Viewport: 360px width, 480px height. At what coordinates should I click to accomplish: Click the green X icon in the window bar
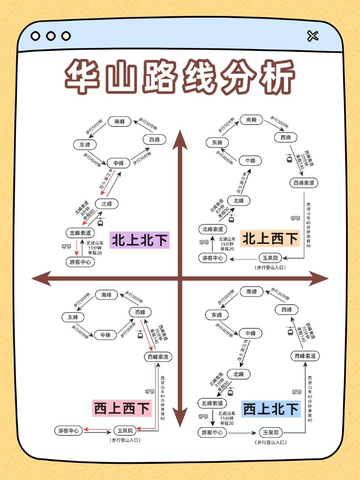tap(313, 36)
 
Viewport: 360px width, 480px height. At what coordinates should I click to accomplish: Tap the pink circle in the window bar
tap(51, 36)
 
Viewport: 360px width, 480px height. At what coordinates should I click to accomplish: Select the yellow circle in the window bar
tap(66, 36)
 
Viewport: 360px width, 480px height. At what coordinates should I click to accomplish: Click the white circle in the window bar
tap(35, 36)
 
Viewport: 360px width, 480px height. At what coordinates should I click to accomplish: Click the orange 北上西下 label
tap(270, 238)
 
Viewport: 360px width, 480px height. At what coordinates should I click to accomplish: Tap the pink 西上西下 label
tap(121, 408)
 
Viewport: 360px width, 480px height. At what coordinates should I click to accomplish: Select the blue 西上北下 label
tap(271, 409)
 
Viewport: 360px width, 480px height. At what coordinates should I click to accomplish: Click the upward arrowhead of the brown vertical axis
tap(180, 139)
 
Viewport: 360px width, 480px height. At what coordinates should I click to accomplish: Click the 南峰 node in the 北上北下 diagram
tap(120, 121)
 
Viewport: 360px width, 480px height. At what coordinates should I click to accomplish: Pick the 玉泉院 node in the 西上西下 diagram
tap(125, 430)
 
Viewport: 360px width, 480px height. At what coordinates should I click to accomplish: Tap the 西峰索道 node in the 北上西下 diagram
tap(304, 183)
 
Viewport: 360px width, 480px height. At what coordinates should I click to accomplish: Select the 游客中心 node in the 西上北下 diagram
tap(212, 432)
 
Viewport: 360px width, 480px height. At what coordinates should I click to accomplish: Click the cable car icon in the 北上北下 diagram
tap(100, 222)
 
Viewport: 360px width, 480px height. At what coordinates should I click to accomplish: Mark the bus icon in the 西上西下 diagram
tap(149, 391)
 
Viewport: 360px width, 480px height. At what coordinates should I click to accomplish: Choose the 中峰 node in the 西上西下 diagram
tap(105, 335)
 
